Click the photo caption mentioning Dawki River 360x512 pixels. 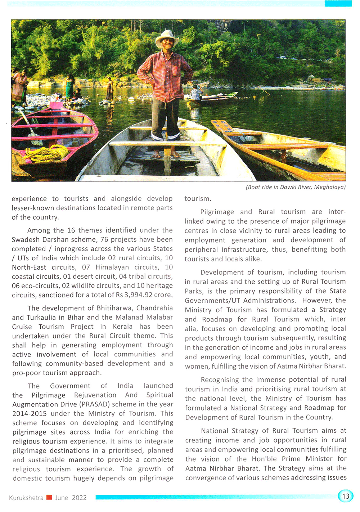tap(295, 187)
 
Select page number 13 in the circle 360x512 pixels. tap(346, 496)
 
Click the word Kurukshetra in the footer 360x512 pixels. tap(26, 498)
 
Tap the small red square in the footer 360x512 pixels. tap(49, 498)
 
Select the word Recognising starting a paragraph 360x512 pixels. tap(220, 380)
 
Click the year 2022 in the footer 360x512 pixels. tap(79, 498)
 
